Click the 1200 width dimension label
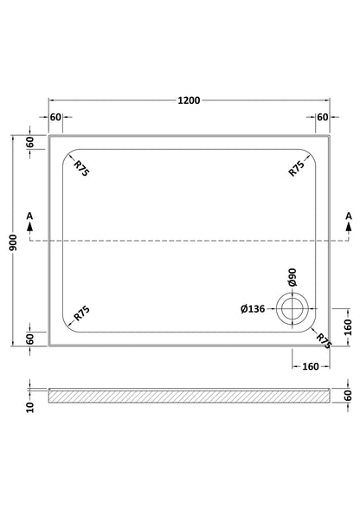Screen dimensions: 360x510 (x=189, y=100)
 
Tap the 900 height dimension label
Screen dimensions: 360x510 (x=13, y=242)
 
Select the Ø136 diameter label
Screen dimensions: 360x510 (x=253, y=308)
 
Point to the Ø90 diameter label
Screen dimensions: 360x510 (x=292, y=277)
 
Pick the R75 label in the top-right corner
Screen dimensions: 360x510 (x=297, y=169)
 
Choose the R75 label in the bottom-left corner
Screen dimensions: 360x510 (x=81, y=313)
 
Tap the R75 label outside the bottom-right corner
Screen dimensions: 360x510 (x=324, y=341)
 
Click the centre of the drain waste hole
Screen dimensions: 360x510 (x=292, y=308)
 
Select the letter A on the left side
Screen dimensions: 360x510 (x=29, y=216)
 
